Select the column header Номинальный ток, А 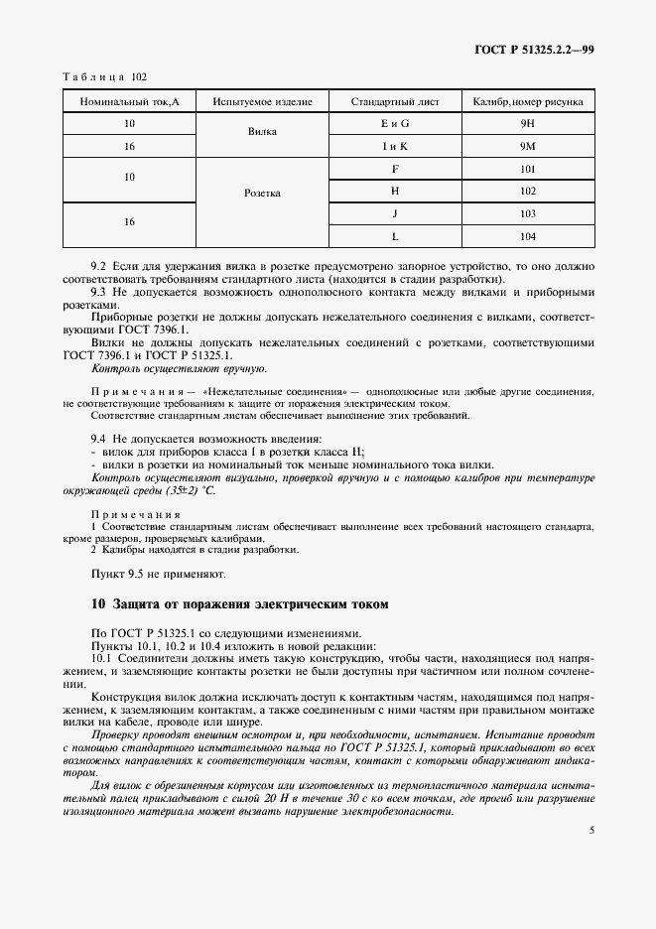coord(129,101)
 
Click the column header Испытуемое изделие coord(262,101)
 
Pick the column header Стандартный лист coord(395,101)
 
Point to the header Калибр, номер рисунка coord(527,101)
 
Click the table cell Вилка coord(262,135)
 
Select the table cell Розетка coord(262,193)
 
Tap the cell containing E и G coord(395,124)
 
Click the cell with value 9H coord(527,124)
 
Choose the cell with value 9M coord(527,146)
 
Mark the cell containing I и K coord(395,146)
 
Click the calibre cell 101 coord(527,169)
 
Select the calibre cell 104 coord(527,236)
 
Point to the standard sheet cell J coord(395,213)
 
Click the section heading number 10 coord(96,603)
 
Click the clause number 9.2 coord(98,268)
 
